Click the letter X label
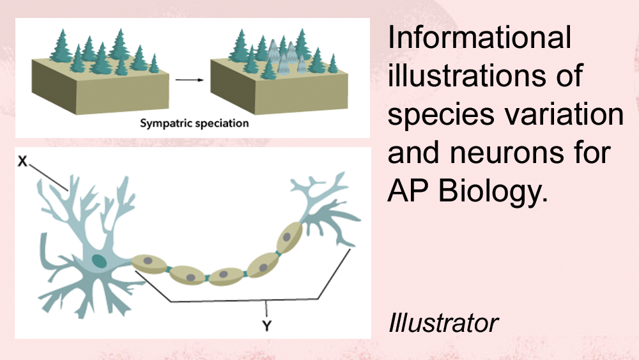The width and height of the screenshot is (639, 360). tap(22, 161)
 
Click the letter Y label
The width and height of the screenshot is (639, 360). tap(266, 325)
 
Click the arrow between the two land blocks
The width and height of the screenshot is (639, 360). tap(190, 80)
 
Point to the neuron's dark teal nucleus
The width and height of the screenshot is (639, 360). tap(98, 261)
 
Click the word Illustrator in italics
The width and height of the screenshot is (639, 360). tap(443, 323)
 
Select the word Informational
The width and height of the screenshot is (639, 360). tap(479, 37)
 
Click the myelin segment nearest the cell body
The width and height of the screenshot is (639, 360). tap(149, 263)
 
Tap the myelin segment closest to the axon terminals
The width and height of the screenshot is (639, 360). tap(289, 238)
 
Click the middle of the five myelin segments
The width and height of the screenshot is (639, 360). tap(226, 276)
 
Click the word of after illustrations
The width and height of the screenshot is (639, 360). tap(569, 75)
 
